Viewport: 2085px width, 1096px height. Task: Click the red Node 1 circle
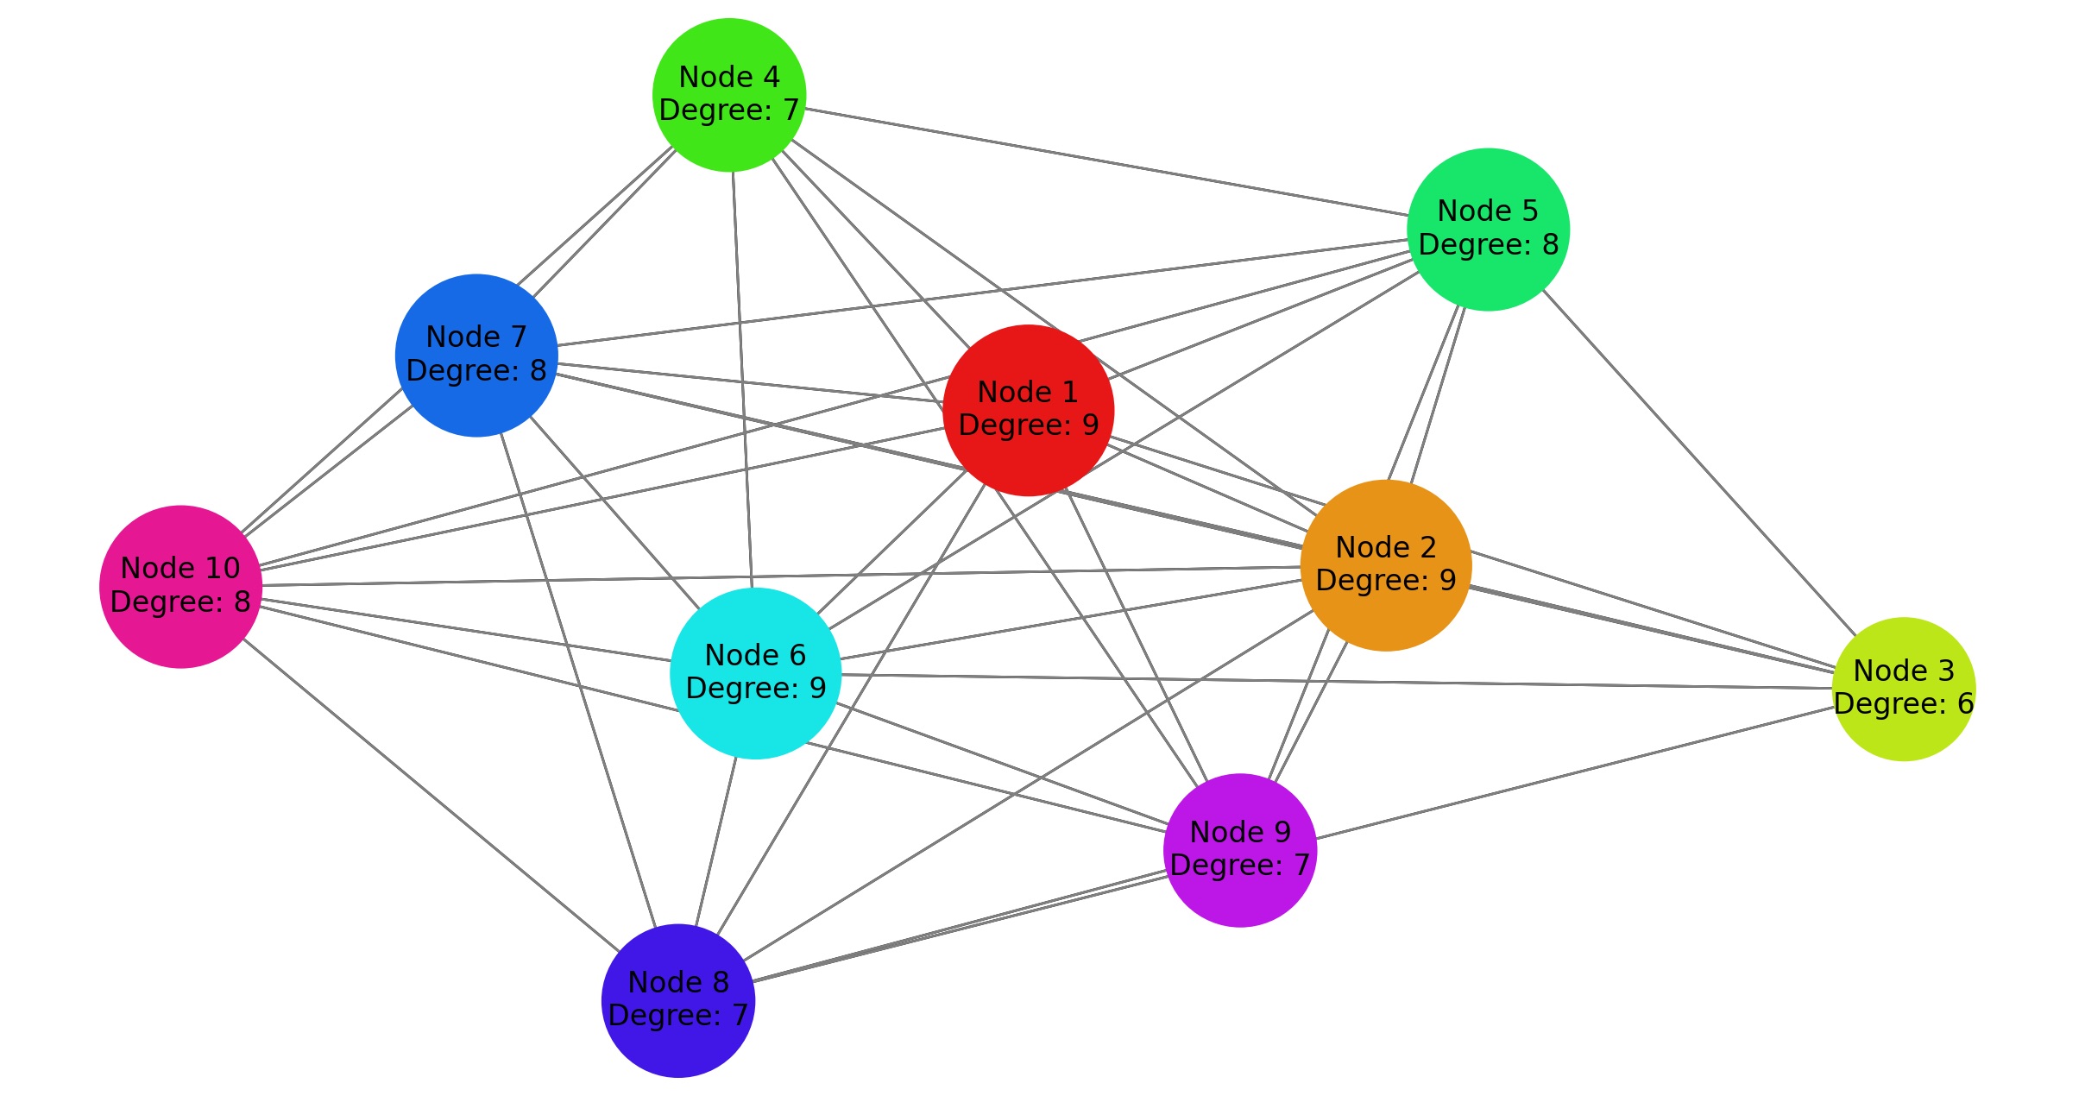coord(1028,410)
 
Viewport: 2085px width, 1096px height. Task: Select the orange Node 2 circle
coord(1385,565)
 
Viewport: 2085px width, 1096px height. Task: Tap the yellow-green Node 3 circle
coord(1903,689)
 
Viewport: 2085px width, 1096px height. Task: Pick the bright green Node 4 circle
coord(729,95)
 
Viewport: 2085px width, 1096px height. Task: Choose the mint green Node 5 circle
coord(1488,230)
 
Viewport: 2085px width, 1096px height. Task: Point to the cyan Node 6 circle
coord(755,673)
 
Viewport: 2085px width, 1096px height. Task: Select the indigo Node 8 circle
coord(678,1000)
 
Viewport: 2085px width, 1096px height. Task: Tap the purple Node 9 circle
coord(1240,850)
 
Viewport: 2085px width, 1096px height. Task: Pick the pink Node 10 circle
coord(180,587)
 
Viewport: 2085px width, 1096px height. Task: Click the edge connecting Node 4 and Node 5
coord(1105,161)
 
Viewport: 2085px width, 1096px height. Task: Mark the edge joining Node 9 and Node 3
coord(1575,773)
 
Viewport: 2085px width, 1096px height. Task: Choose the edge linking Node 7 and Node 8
coord(578,682)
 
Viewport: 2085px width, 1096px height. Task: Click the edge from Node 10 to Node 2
coord(777,576)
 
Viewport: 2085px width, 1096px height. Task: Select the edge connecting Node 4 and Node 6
coord(742,380)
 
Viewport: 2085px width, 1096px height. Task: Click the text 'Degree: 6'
coord(1903,704)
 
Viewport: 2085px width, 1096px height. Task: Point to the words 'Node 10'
coord(180,569)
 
